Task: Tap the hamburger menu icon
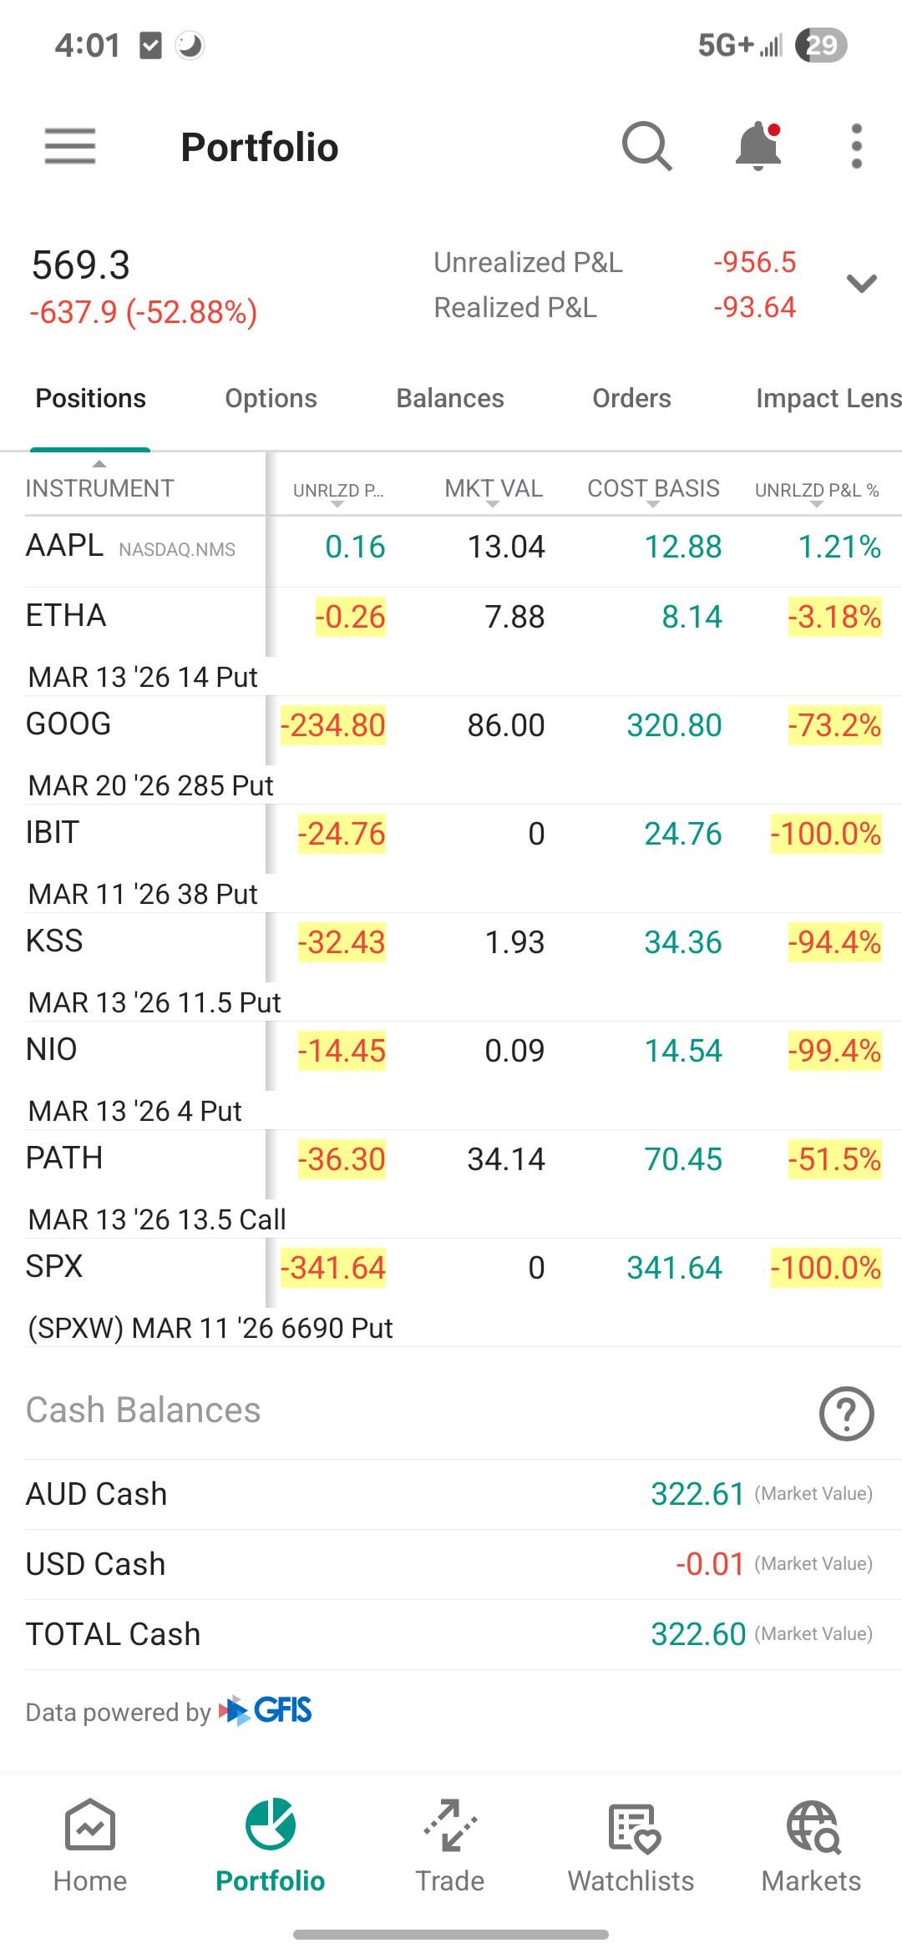coord(70,147)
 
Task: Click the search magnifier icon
coord(646,147)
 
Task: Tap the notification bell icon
coord(758,147)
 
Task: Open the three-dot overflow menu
coord(856,147)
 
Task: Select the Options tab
coord(271,398)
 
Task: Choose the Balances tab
coord(449,398)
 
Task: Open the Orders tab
coord(631,398)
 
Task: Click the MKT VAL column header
coord(494,489)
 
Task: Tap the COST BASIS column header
coord(653,489)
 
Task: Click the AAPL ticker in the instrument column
coord(65,546)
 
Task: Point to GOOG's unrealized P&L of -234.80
coord(332,725)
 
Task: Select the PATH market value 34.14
coord(506,1159)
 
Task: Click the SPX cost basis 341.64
coord(674,1268)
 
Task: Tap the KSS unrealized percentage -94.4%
coord(834,942)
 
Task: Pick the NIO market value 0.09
coord(514,1051)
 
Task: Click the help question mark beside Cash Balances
coord(846,1414)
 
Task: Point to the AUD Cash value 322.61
coord(697,1494)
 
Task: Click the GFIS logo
coord(266,1710)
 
